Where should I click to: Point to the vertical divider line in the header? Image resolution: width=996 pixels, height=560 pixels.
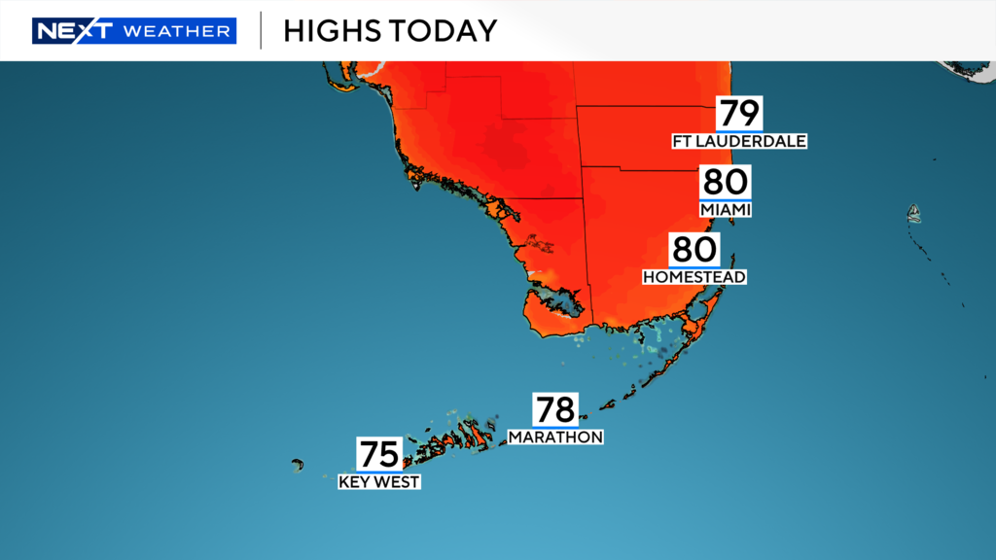(x=261, y=30)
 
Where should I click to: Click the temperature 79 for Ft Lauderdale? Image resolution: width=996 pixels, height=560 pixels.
(x=739, y=113)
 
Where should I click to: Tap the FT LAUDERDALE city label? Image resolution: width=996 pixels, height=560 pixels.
(x=739, y=141)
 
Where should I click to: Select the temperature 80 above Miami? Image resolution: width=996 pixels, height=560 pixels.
(x=726, y=182)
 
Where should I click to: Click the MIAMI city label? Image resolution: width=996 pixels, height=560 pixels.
(x=726, y=209)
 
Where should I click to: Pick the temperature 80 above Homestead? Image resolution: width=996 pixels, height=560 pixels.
(x=694, y=249)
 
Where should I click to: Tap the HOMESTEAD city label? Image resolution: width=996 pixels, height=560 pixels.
(x=694, y=277)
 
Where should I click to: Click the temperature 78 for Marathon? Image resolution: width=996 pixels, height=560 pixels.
(x=555, y=409)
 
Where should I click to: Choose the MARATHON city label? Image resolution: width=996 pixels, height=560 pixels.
(x=555, y=437)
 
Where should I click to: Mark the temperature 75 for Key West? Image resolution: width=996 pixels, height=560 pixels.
(x=379, y=454)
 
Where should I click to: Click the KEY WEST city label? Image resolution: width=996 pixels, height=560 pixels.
(x=379, y=481)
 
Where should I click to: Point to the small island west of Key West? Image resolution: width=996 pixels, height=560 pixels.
(x=297, y=465)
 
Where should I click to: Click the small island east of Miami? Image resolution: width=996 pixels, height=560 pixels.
(x=913, y=213)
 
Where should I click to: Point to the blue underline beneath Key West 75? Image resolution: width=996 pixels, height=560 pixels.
(x=379, y=472)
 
